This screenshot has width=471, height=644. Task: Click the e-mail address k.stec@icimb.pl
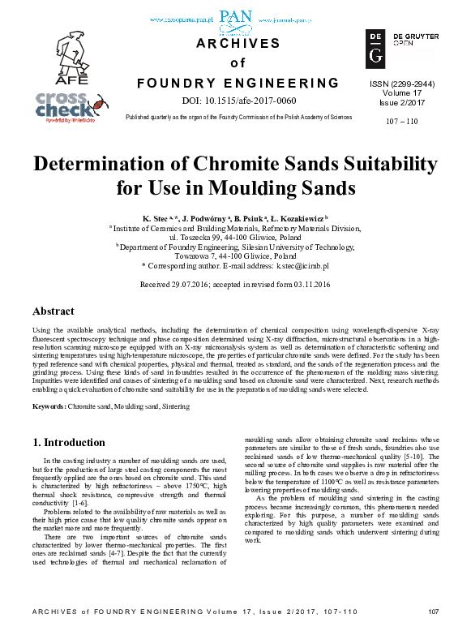(301, 265)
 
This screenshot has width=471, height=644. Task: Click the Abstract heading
(54, 311)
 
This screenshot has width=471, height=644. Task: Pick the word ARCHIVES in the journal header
(237, 44)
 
